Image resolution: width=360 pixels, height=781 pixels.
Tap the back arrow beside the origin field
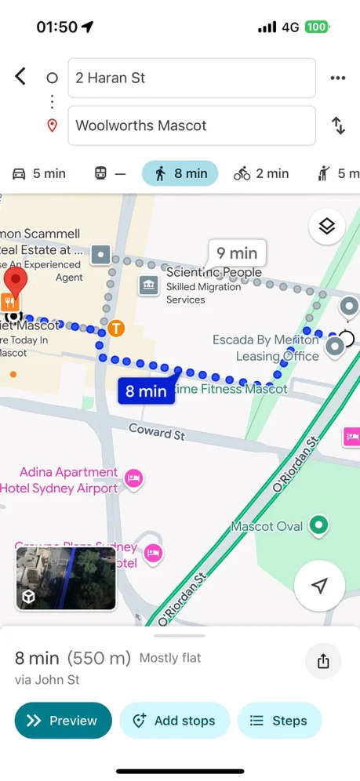coord(20,77)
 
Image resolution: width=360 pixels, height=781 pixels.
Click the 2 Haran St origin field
coord(191,78)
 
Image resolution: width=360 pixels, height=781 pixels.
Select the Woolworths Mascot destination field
coord(191,125)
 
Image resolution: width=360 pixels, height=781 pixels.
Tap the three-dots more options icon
coord(338,78)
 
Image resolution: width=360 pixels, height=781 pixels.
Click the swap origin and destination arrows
coord(338,125)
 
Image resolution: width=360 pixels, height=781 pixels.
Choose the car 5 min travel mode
coord(39,173)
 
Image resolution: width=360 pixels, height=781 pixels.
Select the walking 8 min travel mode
coord(180,173)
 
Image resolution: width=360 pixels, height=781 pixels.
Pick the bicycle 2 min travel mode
coord(261,173)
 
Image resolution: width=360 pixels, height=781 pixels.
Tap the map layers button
coord(327,227)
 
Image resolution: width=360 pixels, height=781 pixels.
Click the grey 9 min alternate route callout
coord(237,253)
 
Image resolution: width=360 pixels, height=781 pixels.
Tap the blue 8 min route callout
coord(147,390)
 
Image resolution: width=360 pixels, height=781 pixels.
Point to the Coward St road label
coord(157,430)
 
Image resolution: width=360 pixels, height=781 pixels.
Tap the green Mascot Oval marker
coord(318,525)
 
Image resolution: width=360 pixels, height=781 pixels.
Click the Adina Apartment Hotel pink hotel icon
coord(134,478)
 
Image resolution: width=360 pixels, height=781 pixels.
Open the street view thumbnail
coord(66,578)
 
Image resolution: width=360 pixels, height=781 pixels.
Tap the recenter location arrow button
coord(319,586)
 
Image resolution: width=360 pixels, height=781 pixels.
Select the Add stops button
coord(174,721)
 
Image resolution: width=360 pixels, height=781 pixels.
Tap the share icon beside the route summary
coord(323,661)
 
